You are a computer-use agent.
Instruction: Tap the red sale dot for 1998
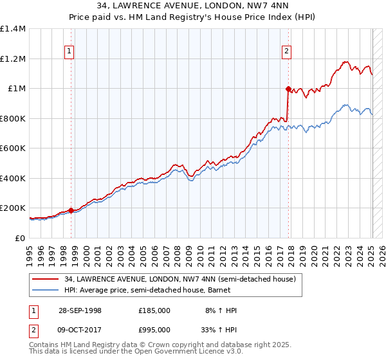tap(71, 210)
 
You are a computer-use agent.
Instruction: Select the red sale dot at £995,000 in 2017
tap(288, 89)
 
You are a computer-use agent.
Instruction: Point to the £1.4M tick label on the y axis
tap(13, 29)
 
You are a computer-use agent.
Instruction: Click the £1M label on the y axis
tap(16, 89)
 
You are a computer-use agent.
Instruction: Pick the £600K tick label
tap(13, 148)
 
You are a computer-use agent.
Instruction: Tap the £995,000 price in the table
tap(154, 329)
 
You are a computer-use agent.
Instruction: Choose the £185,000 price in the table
tap(154, 310)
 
